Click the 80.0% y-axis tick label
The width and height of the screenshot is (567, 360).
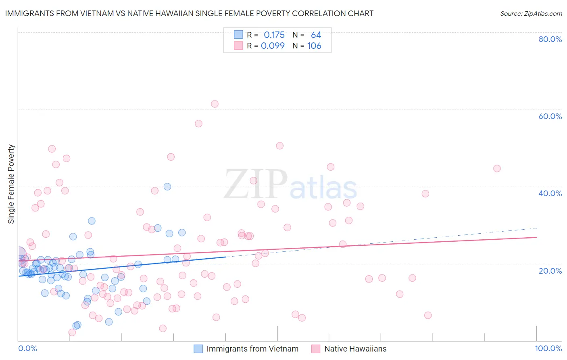click(x=550, y=39)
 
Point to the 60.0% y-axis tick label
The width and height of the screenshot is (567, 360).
click(x=550, y=116)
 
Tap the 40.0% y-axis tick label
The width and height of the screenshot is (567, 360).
click(x=550, y=193)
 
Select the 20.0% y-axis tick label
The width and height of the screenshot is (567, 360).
click(x=550, y=270)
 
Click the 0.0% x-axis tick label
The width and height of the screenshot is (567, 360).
click(x=27, y=348)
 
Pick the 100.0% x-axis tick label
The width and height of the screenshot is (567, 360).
click(x=548, y=348)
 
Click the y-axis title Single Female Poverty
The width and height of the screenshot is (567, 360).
click(x=11, y=184)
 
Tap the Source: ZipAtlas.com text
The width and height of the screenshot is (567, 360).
click(x=531, y=13)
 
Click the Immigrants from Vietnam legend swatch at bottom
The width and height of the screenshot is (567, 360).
click(x=198, y=349)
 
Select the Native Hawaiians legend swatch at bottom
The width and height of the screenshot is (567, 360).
click(x=316, y=349)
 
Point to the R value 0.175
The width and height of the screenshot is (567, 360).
click(x=274, y=35)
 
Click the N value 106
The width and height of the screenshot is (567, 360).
click(x=314, y=46)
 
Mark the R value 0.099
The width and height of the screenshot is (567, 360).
click(x=273, y=46)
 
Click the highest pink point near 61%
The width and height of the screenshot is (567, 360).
click(x=215, y=104)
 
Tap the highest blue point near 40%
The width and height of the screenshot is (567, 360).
click(x=167, y=186)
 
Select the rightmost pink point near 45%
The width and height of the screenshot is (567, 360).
click(x=497, y=168)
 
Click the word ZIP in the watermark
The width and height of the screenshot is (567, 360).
click(x=256, y=184)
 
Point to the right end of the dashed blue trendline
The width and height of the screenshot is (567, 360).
click(x=537, y=228)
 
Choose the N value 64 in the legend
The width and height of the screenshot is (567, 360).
click(x=316, y=35)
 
